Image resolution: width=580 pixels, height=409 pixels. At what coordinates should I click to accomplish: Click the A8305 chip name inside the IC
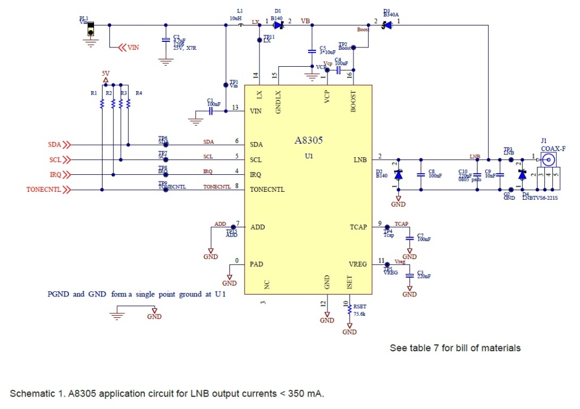(308, 141)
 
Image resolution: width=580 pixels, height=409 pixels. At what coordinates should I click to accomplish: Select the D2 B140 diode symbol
(398, 175)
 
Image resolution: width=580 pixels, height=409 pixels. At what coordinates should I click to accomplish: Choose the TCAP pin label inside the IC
(358, 227)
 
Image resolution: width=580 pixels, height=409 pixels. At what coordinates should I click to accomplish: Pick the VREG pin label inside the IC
(358, 264)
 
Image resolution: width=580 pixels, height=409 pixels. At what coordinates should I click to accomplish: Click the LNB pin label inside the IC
(360, 160)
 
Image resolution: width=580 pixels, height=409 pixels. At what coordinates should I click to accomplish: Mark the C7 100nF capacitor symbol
(410, 239)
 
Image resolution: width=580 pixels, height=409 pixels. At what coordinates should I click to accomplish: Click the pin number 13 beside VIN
(234, 107)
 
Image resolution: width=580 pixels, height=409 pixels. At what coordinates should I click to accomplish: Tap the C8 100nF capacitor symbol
(421, 175)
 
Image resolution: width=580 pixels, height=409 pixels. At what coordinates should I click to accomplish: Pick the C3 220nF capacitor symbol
(410, 276)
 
